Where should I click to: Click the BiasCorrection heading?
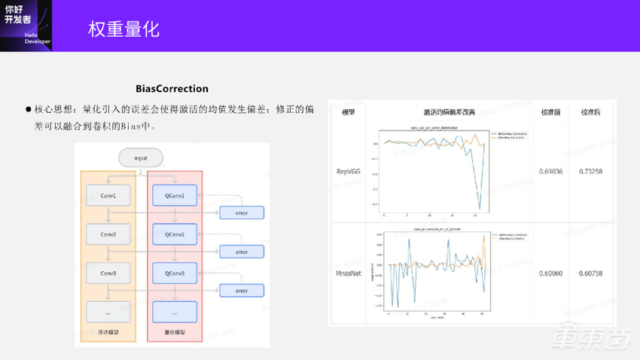pyautogui.click(x=172, y=89)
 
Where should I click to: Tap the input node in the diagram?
pyautogui.click(x=141, y=158)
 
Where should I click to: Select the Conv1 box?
pyautogui.click(x=108, y=196)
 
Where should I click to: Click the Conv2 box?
pyautogui.click(x=108, y=235)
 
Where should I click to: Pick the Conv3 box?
pyautogui.click(x=108, y=273)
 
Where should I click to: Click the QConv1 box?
pyautogui.click(x=175, y=196)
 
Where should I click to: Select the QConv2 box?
pyautogui.click(x=175, y=235)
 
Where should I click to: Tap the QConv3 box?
pyautogui.click(x=175, y=273)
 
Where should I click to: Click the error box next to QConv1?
pyautogui.click(x=241, y=213)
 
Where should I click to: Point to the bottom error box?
pyautogui.click(x=241, y=291)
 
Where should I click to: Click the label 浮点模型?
pyautogui.click(x=108, y=331)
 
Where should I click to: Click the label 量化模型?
pyautogui.click(x=175, y=331)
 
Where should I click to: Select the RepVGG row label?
pyautogui.click(x=349, y=171)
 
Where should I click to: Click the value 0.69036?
pyautogui.click(x=550, y=171)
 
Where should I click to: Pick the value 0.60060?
pyautogui.click(x=550, y=273)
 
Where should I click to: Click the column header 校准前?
pyautogui.click(x=550, y=112)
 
